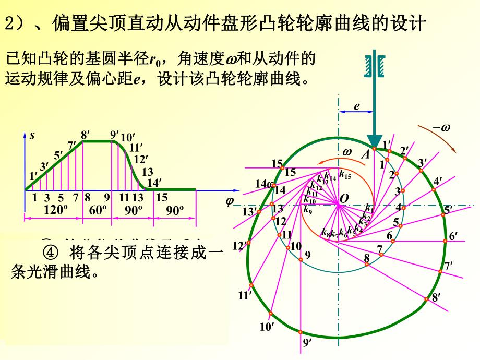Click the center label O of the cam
[344, 199]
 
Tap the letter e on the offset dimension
[357, 106]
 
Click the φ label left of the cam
[229, 201]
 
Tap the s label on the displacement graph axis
[32, 136]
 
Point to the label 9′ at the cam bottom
[307, 343]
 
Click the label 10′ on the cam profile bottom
[267, 327]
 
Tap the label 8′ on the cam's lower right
[437, 298]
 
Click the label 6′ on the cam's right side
[453, 236]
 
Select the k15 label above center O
[345, 175]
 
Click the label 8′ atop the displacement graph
[85, 134]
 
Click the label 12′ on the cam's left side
[238, 245]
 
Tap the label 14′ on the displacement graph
[154, 183]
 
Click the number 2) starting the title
[11, 23]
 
